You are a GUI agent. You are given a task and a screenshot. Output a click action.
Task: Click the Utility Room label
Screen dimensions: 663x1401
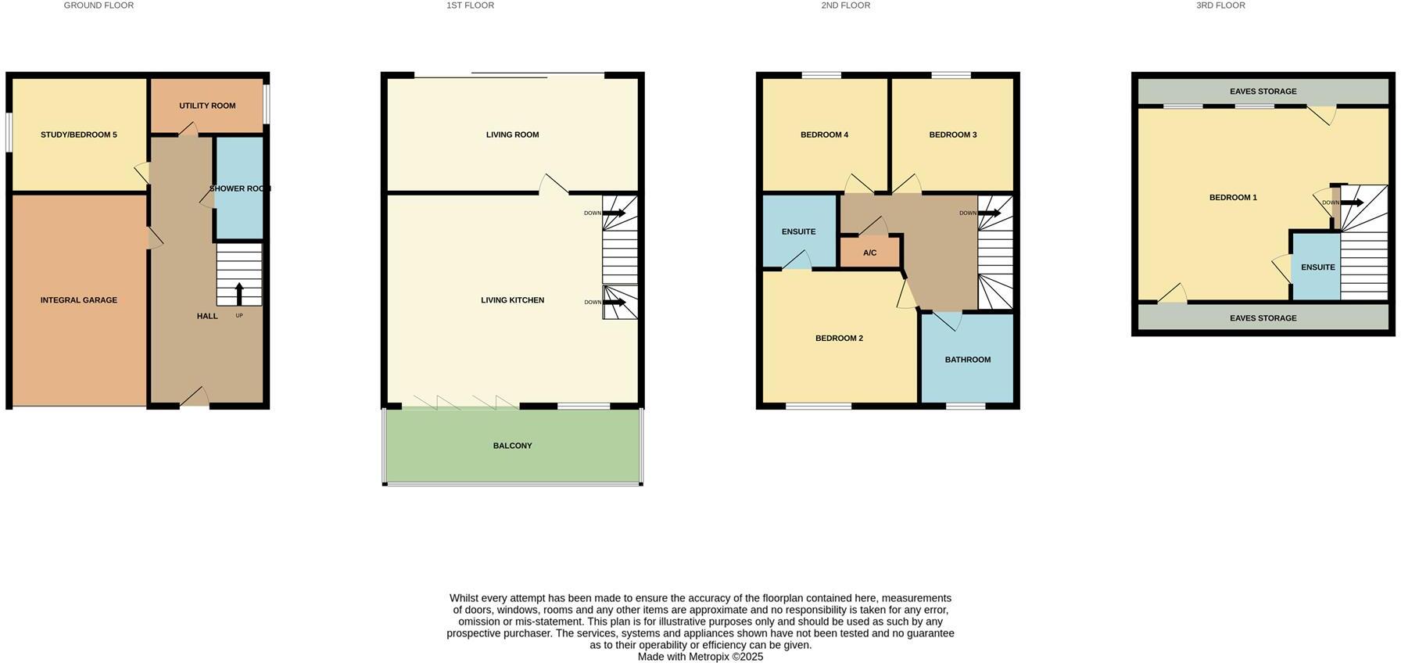click(207, 106)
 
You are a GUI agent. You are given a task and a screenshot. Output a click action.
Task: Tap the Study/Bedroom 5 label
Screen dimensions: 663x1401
click(79, 135)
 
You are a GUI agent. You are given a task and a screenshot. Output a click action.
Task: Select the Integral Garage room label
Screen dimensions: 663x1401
click(79, 300)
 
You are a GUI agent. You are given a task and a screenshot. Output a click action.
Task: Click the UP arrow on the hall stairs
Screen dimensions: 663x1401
click(239, 294)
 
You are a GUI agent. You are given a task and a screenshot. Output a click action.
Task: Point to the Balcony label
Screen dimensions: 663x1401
click(512, 446)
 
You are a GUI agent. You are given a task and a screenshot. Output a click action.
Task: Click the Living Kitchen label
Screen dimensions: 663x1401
click(512, 300)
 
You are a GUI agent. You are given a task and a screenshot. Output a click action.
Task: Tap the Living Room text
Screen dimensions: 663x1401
click(512, 135)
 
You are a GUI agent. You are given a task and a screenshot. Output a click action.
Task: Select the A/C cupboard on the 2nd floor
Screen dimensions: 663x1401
click(870, 253)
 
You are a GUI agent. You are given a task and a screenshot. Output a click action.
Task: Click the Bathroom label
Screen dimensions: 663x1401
click(967, 360)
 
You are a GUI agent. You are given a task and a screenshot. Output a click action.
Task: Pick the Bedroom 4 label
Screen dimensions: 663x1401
click(824, 135)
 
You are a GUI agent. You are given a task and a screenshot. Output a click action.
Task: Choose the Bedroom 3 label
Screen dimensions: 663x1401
click(952, 135)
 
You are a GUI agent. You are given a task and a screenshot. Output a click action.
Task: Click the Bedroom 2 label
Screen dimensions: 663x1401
click(839, 339)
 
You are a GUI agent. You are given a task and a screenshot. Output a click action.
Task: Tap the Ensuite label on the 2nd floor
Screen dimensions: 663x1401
click(798, 232)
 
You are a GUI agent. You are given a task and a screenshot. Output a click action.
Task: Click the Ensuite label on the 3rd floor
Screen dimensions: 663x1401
click(1317, 267)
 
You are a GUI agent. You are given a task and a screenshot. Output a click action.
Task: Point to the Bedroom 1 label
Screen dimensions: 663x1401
click(1233, 198)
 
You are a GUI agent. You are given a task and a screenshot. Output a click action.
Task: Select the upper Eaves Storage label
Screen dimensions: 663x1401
click(1263, 92)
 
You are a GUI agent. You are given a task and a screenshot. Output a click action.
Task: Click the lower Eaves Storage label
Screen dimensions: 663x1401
click(1263, 319)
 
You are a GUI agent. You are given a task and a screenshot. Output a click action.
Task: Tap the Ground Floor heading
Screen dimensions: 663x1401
click(99, 5)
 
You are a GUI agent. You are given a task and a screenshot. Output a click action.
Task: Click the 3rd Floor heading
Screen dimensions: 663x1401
click(1220, 5)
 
